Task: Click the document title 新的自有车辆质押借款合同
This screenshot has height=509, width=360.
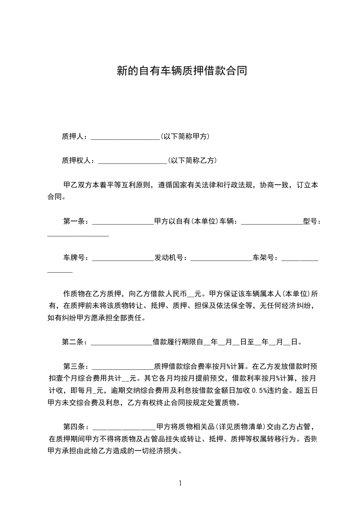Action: (182, 72)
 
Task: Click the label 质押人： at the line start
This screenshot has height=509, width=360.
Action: (76, 136)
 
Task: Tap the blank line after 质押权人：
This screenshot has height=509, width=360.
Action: (133, 161)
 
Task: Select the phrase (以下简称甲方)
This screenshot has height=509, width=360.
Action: (185, 136)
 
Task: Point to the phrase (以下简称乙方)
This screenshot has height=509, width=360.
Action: (192, 160)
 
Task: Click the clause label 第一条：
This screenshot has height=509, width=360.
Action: (77, 221)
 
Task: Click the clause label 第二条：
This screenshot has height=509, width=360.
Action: (76, 342)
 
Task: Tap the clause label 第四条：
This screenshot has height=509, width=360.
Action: (77, 426)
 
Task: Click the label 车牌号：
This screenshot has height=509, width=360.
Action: (77, 258)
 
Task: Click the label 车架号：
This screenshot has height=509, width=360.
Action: (267, 258)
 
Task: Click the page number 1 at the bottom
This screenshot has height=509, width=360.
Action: (180, 483)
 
